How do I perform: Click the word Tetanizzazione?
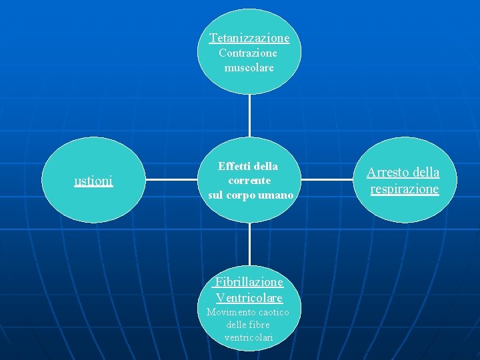coord(249,38)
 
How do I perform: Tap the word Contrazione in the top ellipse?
coord(248,53)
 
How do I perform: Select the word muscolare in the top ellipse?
coord(249,67)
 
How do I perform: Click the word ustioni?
coord(93,180)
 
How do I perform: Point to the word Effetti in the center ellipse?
coord(232,166)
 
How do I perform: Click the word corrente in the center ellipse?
coord(249,180)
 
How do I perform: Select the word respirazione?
coord(405,189)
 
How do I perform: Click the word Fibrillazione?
coord(249,282)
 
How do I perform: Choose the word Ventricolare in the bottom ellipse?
coord(249,297)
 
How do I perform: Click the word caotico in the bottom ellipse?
coord(273,312)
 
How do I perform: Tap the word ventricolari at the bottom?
coord(249,337)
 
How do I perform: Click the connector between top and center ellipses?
coord(249,115)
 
